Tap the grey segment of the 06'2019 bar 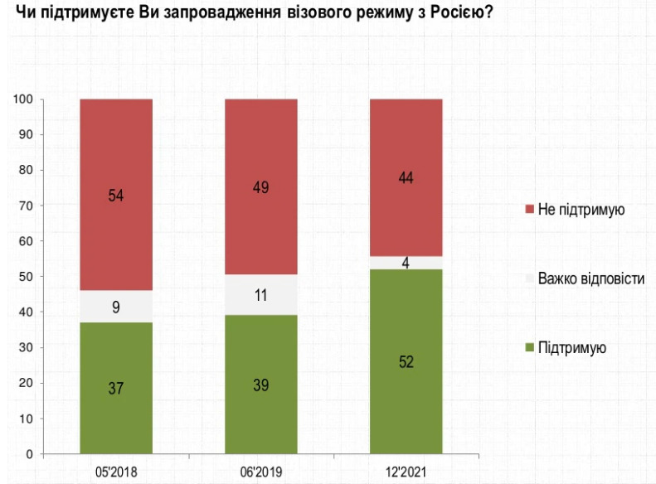261,294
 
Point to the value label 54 116,196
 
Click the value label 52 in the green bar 406,362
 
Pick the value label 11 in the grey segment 261,294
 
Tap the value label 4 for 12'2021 406,263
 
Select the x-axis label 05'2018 116,472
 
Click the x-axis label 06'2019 261,472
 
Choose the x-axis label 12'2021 406,472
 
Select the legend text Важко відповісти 591,278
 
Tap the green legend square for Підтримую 529,348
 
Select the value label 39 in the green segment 261,385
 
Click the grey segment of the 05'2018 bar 116,307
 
